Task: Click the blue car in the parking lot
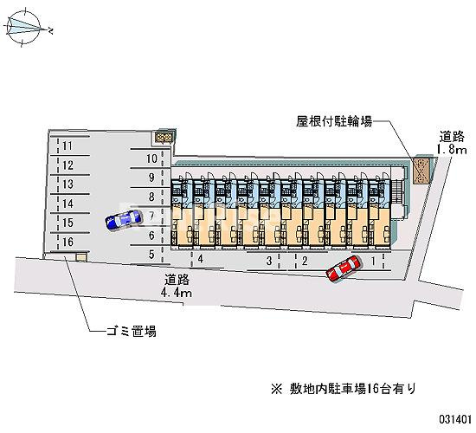pos(124,219)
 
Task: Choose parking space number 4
pos(200,259)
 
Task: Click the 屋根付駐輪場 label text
pos(334,122)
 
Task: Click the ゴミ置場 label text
pos(132,331)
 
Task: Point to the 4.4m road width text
pos(177,293)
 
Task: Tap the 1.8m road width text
pos(452,150)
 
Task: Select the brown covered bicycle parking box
pos(422,171)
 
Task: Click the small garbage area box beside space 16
pos(81,258)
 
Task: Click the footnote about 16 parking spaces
pos(344,389)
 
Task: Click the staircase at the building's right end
pos(396,191)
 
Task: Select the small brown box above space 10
pos(164,138)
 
